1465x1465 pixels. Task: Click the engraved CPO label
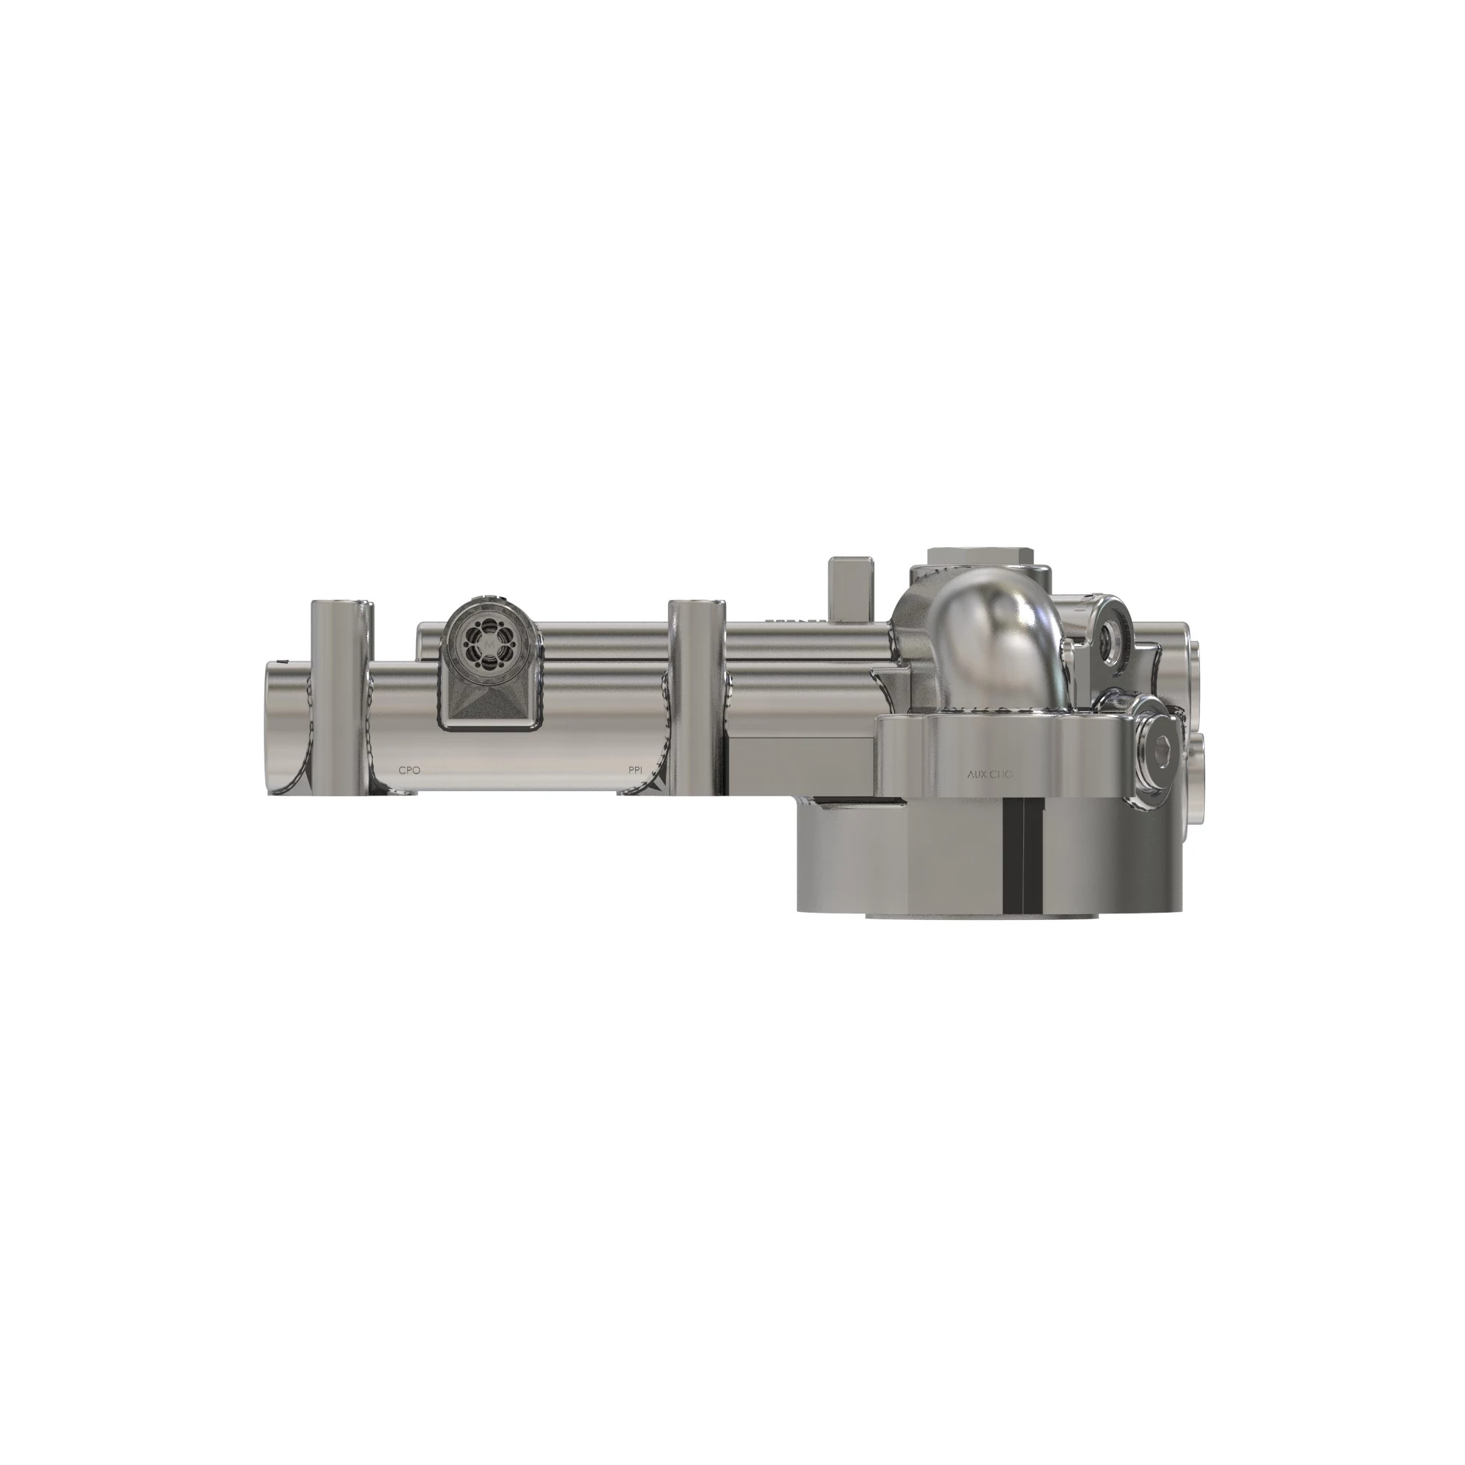point(409,770)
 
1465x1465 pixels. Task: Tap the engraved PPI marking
point(635,770)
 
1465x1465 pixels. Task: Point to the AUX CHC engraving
point(990,775)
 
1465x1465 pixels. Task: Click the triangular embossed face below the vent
point(489,702)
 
